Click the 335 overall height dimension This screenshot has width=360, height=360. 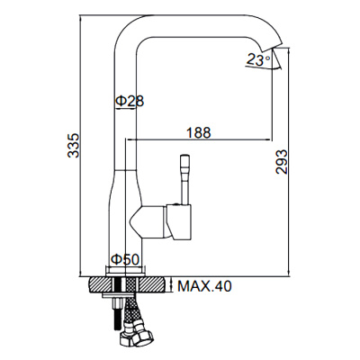(73, 145)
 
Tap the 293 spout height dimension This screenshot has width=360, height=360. (282, 162)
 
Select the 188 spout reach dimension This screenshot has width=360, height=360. (199, 132)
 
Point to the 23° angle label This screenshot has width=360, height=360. (258, 59)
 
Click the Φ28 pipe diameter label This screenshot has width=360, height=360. (130, 101)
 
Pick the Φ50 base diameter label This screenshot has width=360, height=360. (125, 259)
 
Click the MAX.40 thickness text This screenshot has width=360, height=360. (205, 286)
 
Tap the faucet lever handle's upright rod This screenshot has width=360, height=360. (184, 180)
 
